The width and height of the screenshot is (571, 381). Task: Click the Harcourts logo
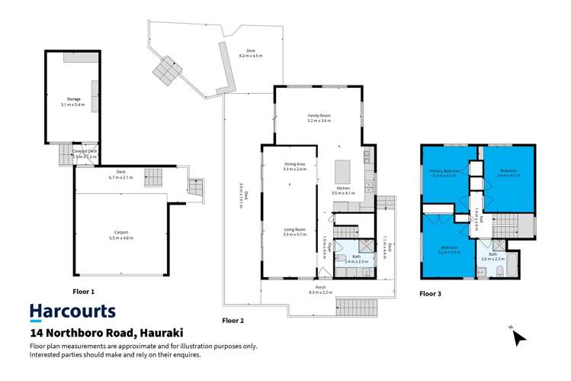pos(72,312)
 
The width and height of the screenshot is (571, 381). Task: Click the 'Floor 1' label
pos(83,292)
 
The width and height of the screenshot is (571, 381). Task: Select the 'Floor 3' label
pos(429,293)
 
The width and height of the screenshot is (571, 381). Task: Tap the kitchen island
pos(339,166)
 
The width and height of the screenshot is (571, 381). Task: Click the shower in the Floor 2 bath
pos(365,247)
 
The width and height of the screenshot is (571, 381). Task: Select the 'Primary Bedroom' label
pos(443,171)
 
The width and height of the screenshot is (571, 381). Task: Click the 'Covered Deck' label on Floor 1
pos(84,151)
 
